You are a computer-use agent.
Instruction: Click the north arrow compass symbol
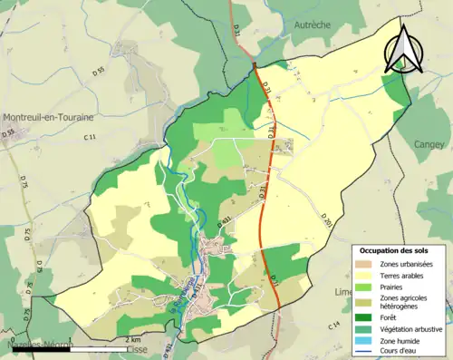click(404, 47)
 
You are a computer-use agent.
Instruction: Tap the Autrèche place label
click(314, 27)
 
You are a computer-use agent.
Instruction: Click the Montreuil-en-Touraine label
click(46, 118)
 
